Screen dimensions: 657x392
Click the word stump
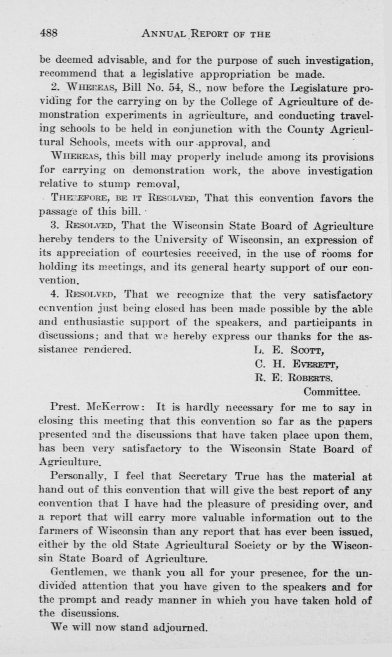[114, 184]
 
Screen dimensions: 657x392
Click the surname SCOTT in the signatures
[307, 350]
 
